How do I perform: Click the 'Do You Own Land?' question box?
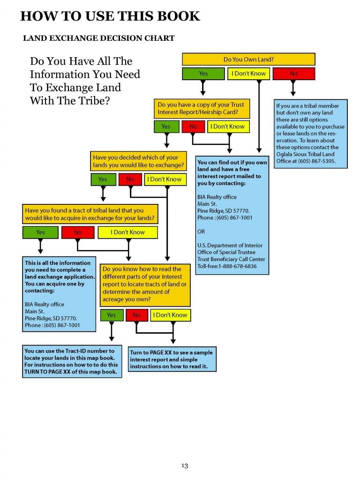tap(248, 59)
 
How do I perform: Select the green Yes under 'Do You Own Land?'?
tap(203, 74)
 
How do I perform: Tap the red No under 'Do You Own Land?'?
tap(293, 74)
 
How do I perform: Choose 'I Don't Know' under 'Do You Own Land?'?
tap(248, 74)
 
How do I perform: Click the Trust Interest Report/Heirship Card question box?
tap(202, 108)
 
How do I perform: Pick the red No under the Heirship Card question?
tap(193, 127)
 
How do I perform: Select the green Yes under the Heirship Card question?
tap(166, 127)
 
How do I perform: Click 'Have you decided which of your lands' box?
tap(138, 161)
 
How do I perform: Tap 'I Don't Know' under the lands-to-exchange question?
tap(165, 180)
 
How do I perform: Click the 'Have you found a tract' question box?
tap(90, 214)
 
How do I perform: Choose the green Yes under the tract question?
tap(40, 232)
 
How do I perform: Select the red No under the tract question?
tap(78, 232)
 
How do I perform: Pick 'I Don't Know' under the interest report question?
tap(170, 315)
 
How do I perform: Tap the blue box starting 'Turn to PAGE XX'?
tap(172, 359)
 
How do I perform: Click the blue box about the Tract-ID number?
tap(72, 361)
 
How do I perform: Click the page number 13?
tap(185, 465)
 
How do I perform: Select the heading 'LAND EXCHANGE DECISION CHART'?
tap(98, 38)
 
